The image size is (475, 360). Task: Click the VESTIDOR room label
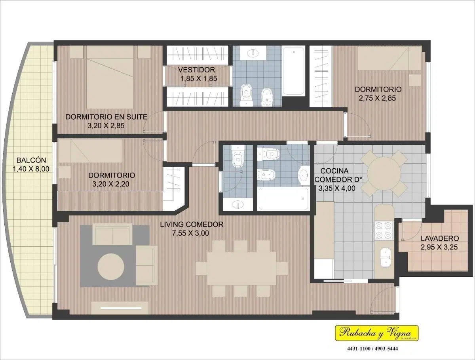pos(196,70)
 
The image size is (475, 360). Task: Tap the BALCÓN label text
pos(31,160)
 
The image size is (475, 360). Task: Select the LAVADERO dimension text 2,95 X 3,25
pos(439,247)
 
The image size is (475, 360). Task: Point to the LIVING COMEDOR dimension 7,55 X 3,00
pos(190,233)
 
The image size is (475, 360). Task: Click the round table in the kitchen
pos(384,173)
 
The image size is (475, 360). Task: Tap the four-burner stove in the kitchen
pos(384,230)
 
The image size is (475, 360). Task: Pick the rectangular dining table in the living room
pos(241,268)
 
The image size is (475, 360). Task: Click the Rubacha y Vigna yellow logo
pos(377,333)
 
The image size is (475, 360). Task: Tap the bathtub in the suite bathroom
pos(293,71)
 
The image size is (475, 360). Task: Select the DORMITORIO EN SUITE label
pos(106,117)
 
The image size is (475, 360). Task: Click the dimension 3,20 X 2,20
pos(111,184)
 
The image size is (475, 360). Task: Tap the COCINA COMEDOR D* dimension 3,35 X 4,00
pos(337,189)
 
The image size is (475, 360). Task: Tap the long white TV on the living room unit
pos(121,308)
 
